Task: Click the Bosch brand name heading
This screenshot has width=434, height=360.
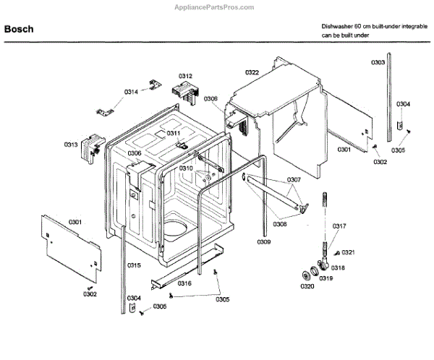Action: click(20, 30)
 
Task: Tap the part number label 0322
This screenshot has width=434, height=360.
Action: click(252, 72)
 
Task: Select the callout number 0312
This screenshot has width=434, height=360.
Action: click(185, 76)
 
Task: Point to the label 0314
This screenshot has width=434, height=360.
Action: click(131, 92)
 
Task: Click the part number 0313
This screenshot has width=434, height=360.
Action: click(71, 145)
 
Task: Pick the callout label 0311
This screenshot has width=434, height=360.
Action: click(174, 133)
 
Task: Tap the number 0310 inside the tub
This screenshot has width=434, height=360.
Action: click(187, 168)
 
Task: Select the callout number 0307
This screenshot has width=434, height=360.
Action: click(294, 180)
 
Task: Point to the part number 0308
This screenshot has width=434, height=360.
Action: click(280, 224)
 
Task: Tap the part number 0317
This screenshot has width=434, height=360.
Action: click(339, 227)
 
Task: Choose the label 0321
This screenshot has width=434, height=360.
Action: click(348, 252)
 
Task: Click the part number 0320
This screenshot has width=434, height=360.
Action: click(307, 287)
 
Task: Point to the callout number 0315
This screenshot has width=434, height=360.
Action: click(135, 265)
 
